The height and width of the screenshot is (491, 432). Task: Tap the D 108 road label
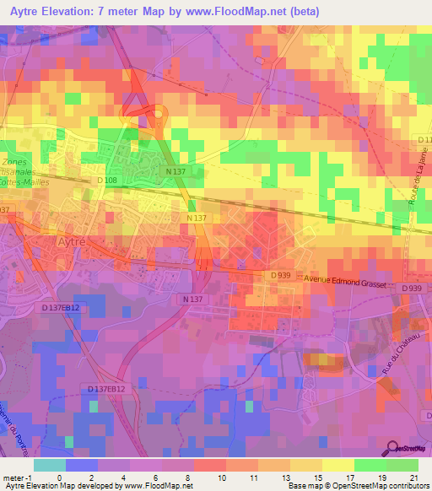tap(106, 180)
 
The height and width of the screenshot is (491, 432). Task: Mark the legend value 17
tap(354, 477)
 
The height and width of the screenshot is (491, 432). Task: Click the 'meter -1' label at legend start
tap(18, 477)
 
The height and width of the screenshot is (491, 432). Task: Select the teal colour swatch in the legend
tap(49, 465)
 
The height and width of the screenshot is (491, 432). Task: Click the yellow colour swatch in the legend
tap(337, 465)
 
